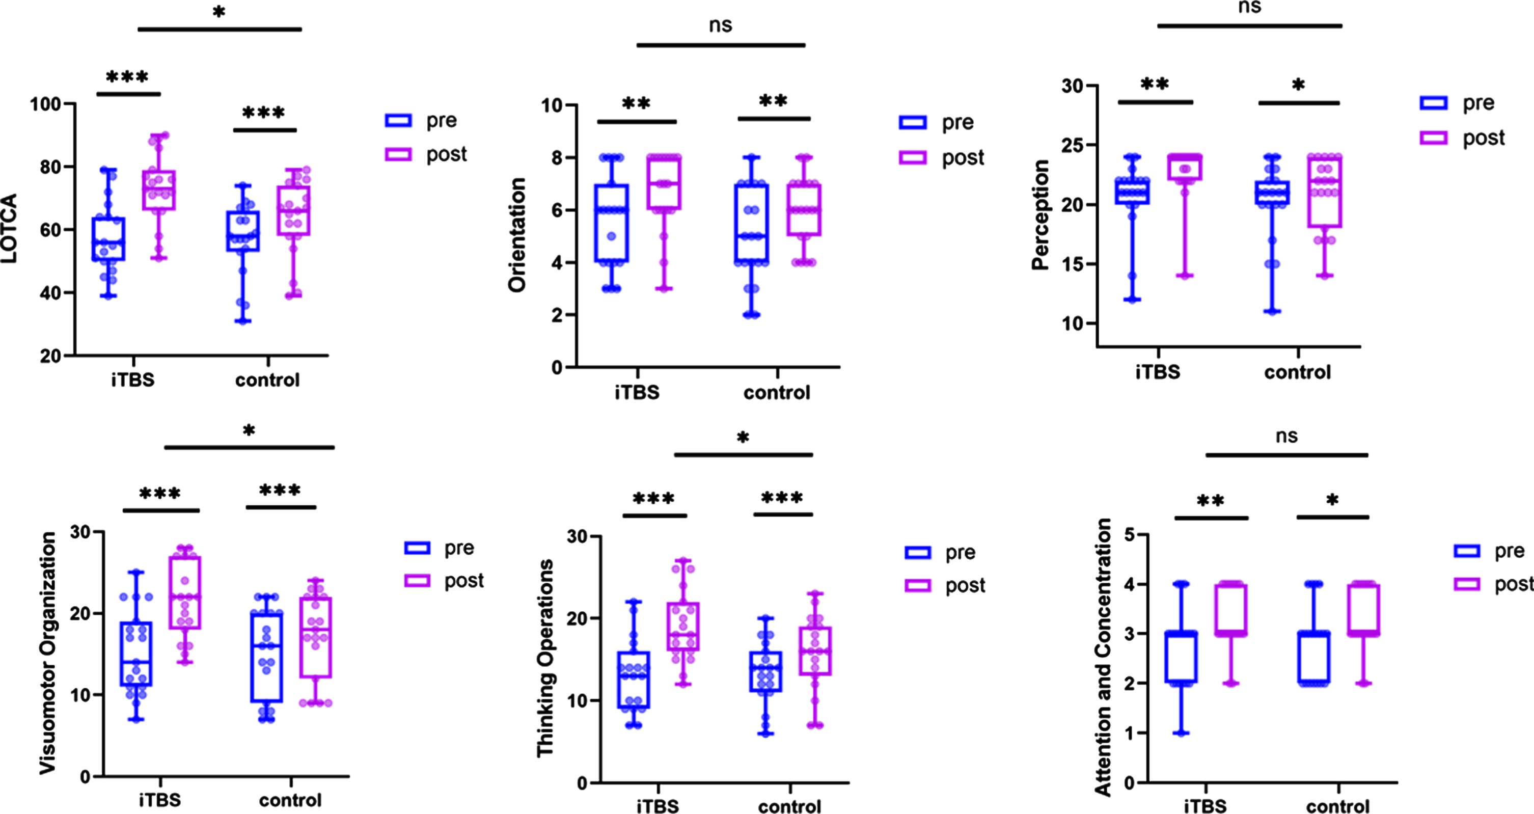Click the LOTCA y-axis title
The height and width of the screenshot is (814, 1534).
pyautogui.click(x=10, y=229)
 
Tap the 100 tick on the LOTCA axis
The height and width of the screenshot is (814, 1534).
pyautogui.click(x=46, y=104)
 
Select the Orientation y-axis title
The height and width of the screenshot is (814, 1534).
pyautogui.click(x=517, y=235)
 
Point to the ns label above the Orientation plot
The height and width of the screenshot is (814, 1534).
pyautogui.click(x=721, y=25)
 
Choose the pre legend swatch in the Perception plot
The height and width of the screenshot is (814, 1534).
pyautogui.click(x=1433, y=103)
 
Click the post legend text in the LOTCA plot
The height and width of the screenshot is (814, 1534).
pyautogui.click(x=447, y=155)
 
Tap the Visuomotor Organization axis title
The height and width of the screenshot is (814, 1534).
pyautogui.click(x=48, y=653)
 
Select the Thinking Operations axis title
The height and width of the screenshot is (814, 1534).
pyautogui.click(x=545, y=658)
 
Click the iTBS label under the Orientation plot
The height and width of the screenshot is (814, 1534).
pyautogui.click(x=637, y=392)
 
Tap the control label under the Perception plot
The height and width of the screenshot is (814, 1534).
pyautogui.click(x=1298, y=372)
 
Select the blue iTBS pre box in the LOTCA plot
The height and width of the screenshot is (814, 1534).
pyautogui.click(x=108, y=239)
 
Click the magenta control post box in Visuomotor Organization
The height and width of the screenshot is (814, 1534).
pyautogui.click(x=315, y=637)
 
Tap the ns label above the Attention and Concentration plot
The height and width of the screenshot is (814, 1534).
pyautogui.click(x=1286, y=436)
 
